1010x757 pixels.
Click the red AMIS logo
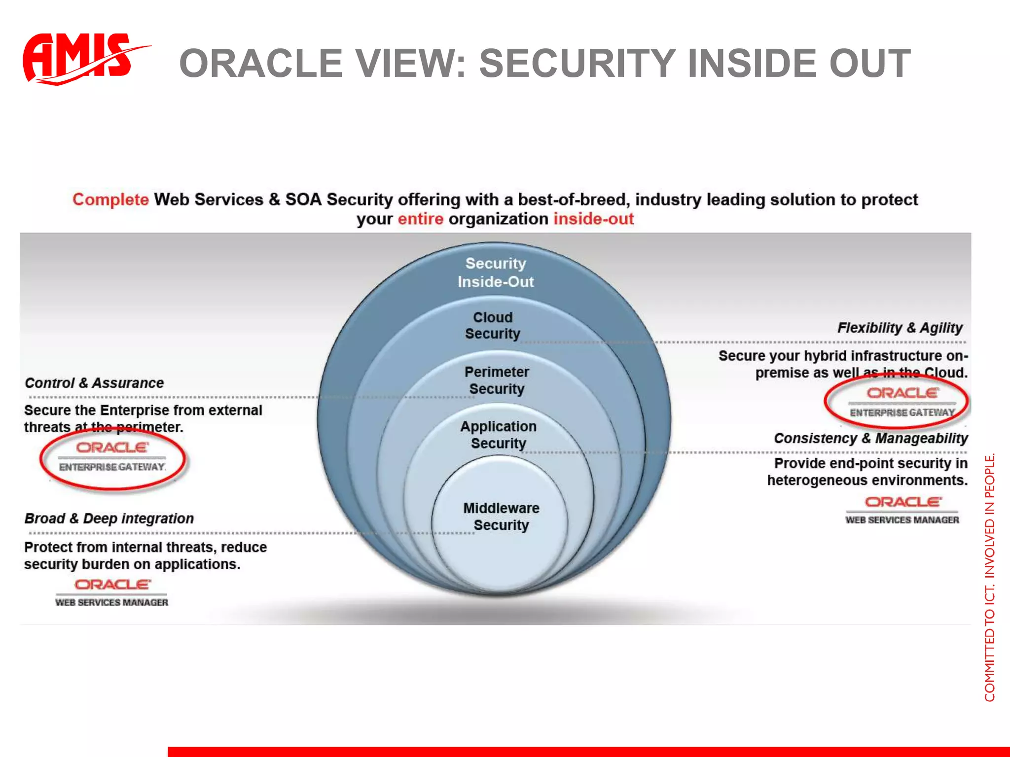(x=79, y=58)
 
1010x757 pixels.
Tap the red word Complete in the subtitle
(x=110, y=200)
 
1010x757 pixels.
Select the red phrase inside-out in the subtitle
(x=593, y=219)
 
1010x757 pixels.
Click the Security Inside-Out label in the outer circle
(x=496, y=273)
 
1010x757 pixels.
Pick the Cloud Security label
(x=493, y=325)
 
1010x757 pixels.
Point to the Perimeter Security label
(x=497, y=380)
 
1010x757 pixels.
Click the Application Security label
(x=498, y=435)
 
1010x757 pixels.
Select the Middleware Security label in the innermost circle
(x=501, y=516)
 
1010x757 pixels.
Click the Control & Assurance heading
(x=94, y=383)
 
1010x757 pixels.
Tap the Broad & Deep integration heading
(x=109, y=518)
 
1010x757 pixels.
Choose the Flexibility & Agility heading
(x=900, y=328)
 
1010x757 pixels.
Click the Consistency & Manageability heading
(x=870, y=438)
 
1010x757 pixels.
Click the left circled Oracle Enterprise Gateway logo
(x=112, y=457)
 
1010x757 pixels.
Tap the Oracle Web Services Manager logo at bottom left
(x=112, y=593)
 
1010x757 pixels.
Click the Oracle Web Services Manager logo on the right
(x=902, y=510)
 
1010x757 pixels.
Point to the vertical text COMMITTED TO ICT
(x=989, y=646)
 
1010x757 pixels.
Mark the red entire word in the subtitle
(x=420, y=219)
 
